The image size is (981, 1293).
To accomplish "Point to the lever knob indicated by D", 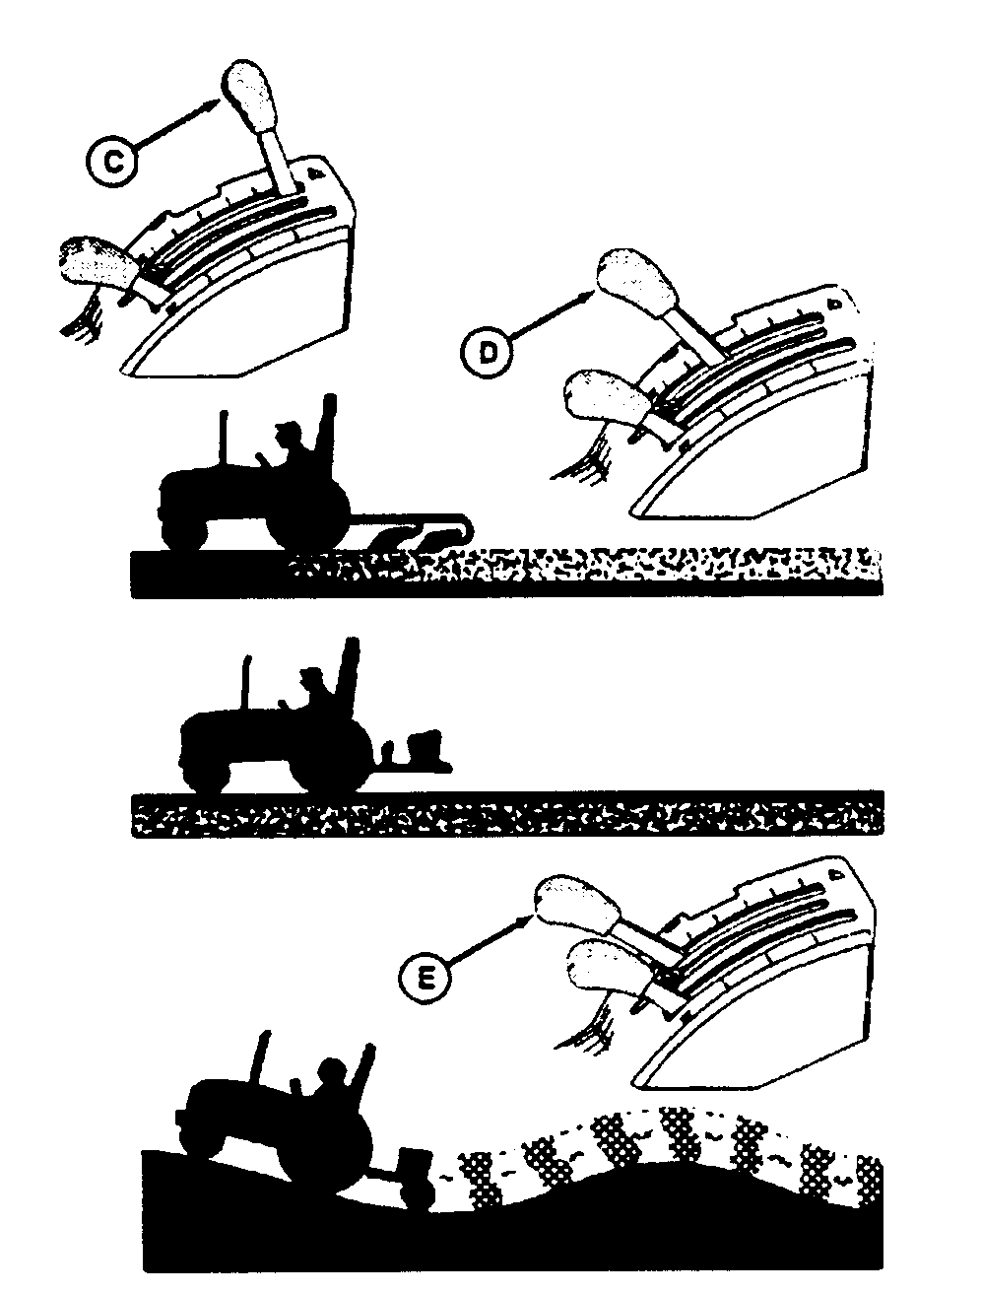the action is [637, 284].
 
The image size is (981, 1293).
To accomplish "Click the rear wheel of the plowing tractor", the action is [307, 522].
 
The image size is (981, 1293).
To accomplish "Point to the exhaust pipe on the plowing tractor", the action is [224, 437].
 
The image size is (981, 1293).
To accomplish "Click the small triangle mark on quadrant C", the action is [317, 173].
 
